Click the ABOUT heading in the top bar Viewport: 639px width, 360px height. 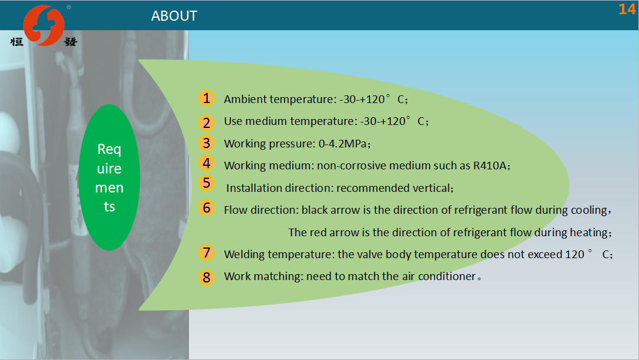pyautogui.click(x=174, y=16)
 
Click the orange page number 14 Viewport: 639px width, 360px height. pyautogui.click(x=627, y=9)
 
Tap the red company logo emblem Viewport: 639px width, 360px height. pyautogui.click(x=44, y=25)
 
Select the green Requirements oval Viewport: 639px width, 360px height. pyautogui.click(x=109, y=178)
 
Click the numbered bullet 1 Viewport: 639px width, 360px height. pyautogui.click(x=207, y=98)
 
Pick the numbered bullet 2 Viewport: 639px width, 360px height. pyautogui.click(x=207, y=123)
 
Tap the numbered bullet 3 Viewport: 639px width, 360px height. pyautogui.click(x=207, y=143)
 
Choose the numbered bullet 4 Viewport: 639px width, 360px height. pyautogui.click(x=207, y=163)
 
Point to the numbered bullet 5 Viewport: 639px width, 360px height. pyautogui.click(x=207, y=183)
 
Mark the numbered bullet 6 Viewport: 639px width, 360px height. pyautogui.click(x=207, y=208)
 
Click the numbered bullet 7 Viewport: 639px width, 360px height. pyautogui.click(x=207, y=252)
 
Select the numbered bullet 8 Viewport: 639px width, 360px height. pyautogui.click(x=207, y=277)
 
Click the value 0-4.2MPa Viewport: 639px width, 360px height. pyautogui.click(x=343, y=144)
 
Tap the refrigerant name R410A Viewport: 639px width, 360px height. pyautogui.click(x=489, y=165)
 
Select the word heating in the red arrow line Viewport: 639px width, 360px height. pyautogui.click(x=589, y=233)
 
